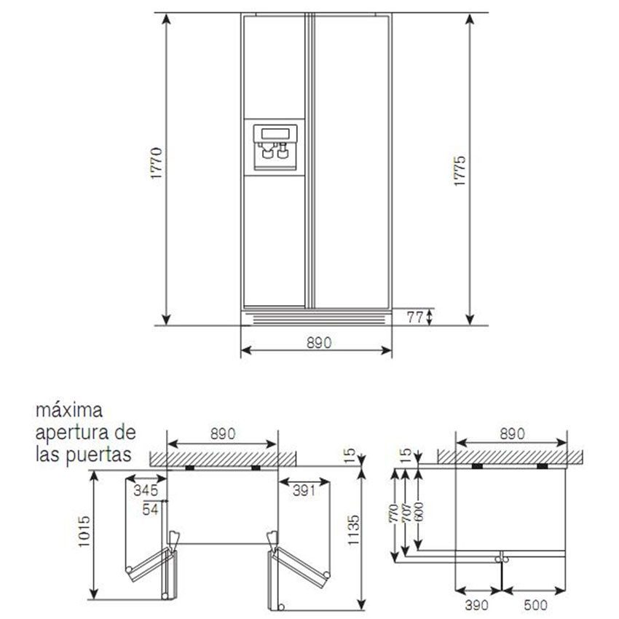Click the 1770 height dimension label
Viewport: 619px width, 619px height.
[157, 163]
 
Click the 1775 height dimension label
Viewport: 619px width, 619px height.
[460, 171]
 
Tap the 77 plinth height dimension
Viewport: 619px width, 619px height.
[415, 317]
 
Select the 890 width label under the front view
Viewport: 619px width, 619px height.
[319, 343]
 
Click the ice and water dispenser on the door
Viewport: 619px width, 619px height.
[275, 148]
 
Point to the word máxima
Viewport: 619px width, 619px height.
[69, 411]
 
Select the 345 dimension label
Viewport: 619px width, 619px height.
[146, 490]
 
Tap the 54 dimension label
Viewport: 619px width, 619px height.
[150, 509]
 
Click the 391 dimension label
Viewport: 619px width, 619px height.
[304, 490]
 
